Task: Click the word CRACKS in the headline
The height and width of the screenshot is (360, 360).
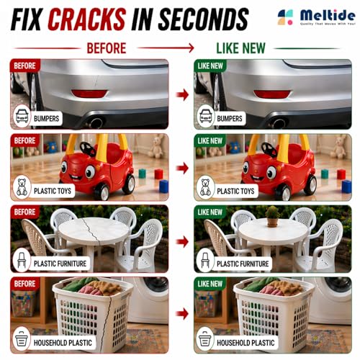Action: [87, 19]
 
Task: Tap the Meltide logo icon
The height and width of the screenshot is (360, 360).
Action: [285, 17]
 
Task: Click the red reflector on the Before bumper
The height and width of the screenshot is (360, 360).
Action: [89, 94]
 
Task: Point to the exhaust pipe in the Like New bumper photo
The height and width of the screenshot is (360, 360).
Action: [279, 123]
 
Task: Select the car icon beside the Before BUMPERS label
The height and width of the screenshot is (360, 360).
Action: [22, 117]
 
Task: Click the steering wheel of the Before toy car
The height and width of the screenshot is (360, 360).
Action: [88, 149]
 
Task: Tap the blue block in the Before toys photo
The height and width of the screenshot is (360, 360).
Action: [163, 186]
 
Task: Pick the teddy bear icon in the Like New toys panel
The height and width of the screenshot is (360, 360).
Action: [205, 187]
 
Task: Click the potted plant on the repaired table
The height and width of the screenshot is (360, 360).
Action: [273, 216]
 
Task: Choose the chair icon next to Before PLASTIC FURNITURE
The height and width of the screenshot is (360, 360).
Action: [22, 261]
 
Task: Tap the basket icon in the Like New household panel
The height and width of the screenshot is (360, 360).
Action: [205, 338]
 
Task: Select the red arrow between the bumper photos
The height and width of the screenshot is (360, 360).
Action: [182, 94]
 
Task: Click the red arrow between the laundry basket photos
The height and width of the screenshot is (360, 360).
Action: [182, 314]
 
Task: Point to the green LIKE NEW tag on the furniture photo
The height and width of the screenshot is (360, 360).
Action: [210, 212]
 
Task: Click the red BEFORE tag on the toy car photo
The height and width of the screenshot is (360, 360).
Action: [25, 140]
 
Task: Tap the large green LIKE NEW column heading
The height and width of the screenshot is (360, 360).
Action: [240, 48]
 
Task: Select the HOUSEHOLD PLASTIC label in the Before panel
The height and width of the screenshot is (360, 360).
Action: [63, 343]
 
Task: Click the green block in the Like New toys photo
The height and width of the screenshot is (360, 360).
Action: [325, 174]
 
